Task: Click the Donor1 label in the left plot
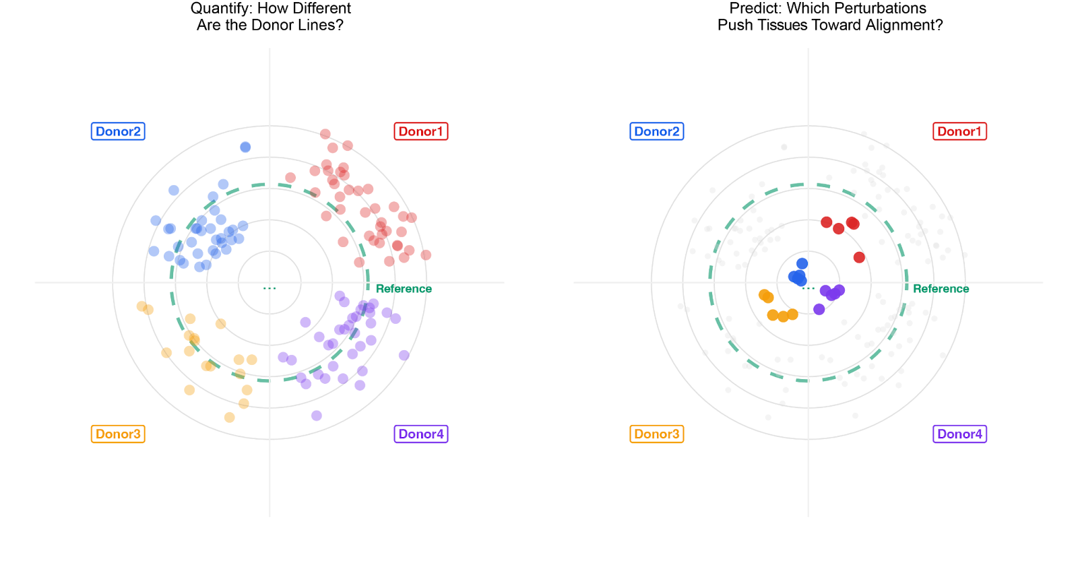click(x=420, y=131)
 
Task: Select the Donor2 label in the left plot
click(x=118, y=131)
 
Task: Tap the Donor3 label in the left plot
click(x=118, y=434)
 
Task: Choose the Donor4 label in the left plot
click(x=420, y=434)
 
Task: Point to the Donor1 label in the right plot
click(x=959, y=131)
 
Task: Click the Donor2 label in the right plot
click(x=657, y=131)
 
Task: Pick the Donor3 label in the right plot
click(x=657, y=434)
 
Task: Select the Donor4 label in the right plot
click(x=959, y=434)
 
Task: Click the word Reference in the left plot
click(x=403, y=289)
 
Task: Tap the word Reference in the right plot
click(x=941, y=289)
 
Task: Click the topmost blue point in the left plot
click(x=245, y=147)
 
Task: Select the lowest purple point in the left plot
click(x=317, y=415)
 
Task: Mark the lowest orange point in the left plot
click(x=230, y=417)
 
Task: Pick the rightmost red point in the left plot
click(x=426, y=255)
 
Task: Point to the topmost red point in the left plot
click(x=325, y=134)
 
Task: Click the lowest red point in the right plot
click(x=859, y=257)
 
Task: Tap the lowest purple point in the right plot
click(x=819, y=309)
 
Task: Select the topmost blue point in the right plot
click(x=802, y=263)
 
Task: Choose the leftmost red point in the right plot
click(x=827, y=222)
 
